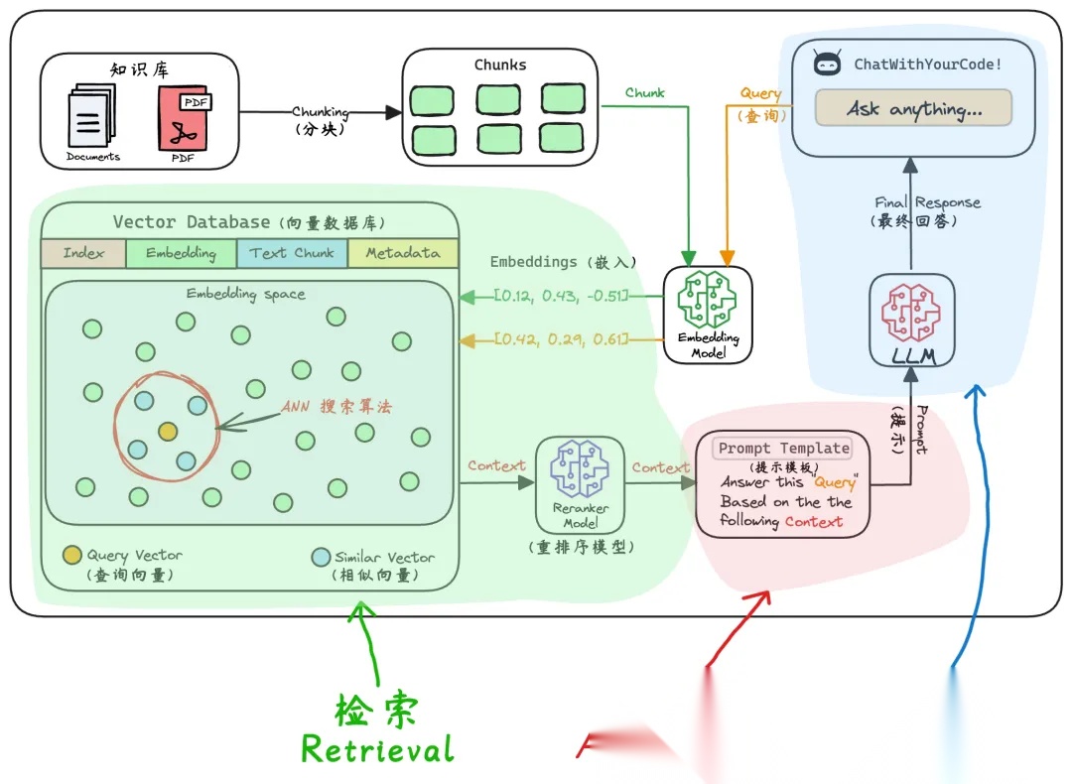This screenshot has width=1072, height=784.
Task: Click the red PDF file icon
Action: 186,123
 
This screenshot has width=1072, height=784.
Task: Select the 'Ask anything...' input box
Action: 913,108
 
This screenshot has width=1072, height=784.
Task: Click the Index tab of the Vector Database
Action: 83,253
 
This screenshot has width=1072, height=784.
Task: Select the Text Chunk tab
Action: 292,253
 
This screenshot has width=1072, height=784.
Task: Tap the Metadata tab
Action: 402,253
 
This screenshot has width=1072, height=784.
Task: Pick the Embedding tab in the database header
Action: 181,253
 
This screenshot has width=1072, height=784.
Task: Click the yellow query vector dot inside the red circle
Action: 168,431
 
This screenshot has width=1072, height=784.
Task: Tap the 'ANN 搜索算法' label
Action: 336,407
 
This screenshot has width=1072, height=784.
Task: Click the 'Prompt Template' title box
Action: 783,449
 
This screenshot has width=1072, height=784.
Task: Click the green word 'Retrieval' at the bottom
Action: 377,748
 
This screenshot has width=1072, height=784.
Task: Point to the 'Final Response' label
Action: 927,202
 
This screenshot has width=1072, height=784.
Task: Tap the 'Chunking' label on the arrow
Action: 320,112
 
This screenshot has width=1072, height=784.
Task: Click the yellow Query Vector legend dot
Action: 72,555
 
